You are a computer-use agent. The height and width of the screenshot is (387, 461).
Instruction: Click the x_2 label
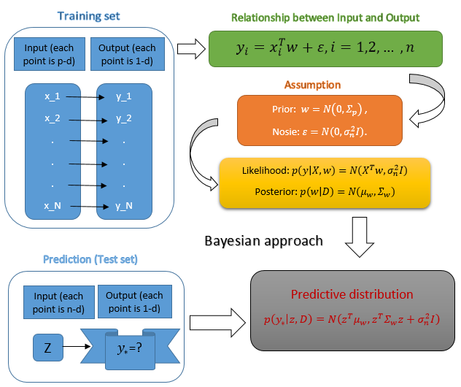point(53,118)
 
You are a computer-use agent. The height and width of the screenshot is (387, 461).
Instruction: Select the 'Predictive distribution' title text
point(341,294)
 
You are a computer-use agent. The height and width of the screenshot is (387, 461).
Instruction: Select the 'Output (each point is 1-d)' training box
point(125,53)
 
